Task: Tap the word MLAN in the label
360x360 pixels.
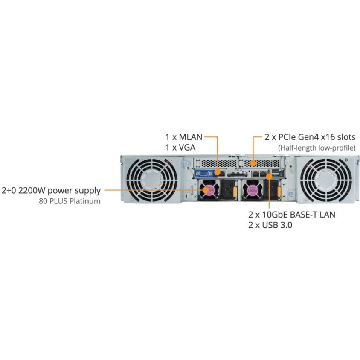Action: (191, 137)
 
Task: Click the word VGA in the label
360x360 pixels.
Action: (187, 148)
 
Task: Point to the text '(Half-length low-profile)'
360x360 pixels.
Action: (317, 148)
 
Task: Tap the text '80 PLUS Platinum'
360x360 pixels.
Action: (70, 201)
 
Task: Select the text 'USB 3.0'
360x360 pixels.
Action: (277, 225)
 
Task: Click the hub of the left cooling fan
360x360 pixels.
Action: (152, 180)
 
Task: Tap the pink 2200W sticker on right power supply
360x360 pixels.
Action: (253, 190)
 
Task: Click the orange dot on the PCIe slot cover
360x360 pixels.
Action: (253, 163)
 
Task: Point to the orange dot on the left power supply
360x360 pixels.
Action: (206, 190)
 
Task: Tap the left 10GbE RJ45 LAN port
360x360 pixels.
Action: (255, 174)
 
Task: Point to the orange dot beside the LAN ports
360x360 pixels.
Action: (269, 176)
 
